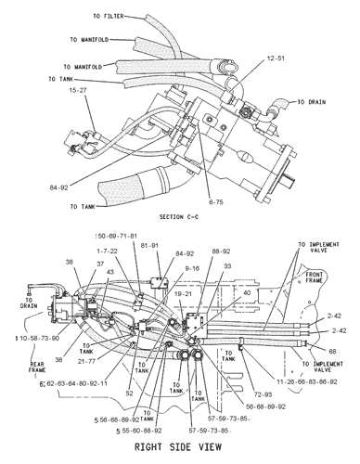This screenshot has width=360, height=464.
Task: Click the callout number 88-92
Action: point(221,277)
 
